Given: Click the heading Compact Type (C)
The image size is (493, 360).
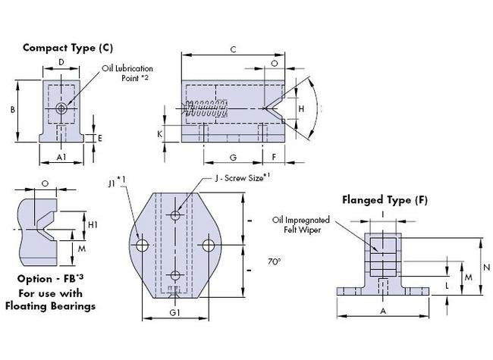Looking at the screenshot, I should (68, 47).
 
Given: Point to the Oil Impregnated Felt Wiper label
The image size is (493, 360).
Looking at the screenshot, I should (300, 225).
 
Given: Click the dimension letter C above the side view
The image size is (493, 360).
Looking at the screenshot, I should (233, 50).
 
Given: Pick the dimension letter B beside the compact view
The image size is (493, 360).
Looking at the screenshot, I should (12, 109).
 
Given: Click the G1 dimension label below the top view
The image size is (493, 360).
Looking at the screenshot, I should (174, 312).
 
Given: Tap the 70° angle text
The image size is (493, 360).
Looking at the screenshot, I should (274, 261).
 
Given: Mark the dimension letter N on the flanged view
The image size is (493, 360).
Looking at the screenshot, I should (487, 267).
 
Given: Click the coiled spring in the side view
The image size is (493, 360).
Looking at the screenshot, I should (206, 110).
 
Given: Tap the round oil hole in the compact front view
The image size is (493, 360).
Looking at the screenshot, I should (61, 109).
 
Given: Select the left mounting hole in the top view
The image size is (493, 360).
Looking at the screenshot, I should (142, 246).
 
